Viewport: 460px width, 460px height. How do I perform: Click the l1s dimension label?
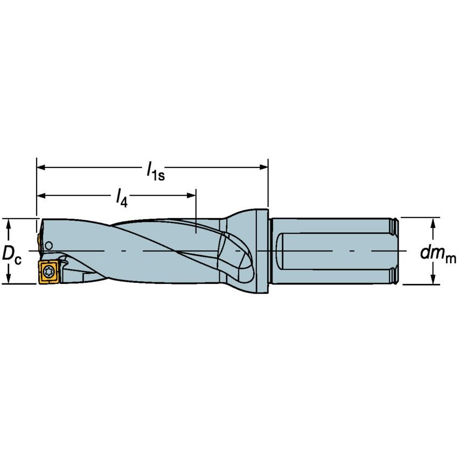(155, 171)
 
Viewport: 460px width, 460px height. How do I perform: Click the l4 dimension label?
(122, 198)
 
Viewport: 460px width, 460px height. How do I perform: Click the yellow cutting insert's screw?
(48, 271)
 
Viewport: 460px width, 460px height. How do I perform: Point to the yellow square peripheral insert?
(48, 271)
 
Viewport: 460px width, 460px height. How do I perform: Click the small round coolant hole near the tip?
(48, 246)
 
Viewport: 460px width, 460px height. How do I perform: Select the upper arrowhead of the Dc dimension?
(9, 222)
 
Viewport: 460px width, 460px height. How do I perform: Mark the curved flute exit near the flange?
(237, 256)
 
